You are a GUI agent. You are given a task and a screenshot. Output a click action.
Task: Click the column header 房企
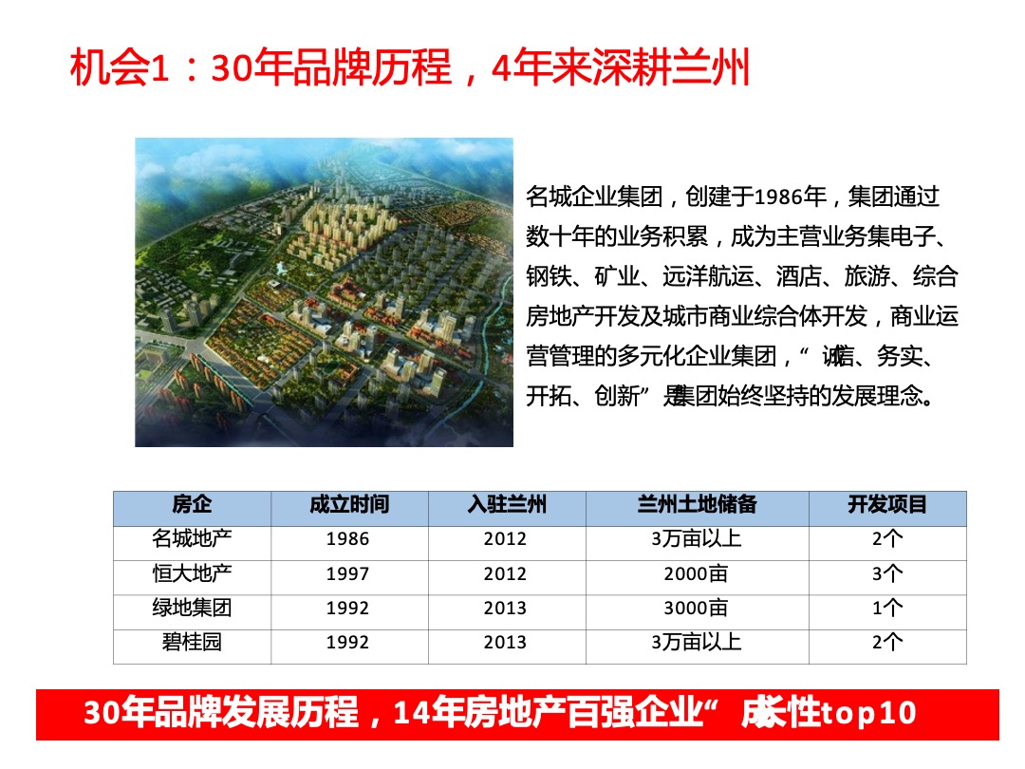pyautogui.click(x=192, y=504)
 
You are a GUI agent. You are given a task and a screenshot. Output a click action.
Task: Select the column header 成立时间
pyautogui.click(x=348, y=504)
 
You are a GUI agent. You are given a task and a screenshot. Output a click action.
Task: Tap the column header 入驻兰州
pyautogui.click(x=506, y=504)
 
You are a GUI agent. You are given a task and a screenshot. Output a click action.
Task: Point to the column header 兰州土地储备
pyautogui.click(x=697, y=504)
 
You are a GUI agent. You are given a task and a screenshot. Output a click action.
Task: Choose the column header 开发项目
pyautogui.click(x=887, y=504)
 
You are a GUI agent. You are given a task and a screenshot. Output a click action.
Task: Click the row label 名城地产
pyautogui.click(x=192, y=539)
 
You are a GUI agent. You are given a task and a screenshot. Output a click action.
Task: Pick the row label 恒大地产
pyautogui.click(x=192, y=574)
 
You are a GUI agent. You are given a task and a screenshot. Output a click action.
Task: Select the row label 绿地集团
pyautogui.click(x=192, y=609)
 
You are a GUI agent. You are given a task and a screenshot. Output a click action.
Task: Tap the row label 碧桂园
pyautogui.click(x=192, y=643)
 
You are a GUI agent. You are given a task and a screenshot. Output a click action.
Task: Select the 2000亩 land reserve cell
pyautogui.click(x=697, y=574)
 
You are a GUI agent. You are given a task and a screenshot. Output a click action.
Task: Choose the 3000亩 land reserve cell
pyautogui.click(x=697, y=609)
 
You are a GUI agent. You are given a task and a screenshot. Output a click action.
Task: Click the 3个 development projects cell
pyautogui.click(x=887, y=574)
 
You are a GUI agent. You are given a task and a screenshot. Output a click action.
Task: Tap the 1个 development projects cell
pyautogui.click(x=887, y=609)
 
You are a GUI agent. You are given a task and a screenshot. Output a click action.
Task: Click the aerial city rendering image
pyautogui.click(x=324, y=291)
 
